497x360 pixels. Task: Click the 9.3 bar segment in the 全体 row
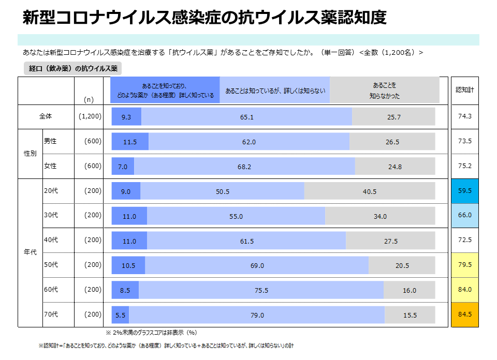click(x=126, y=117)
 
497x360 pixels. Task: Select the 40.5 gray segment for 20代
click(x=369, y=191)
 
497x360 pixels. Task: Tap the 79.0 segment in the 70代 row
click(x=257, y=315)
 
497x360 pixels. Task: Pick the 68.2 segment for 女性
click(x=244, y=167)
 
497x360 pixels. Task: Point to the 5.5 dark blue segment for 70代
click(x=121, y=315)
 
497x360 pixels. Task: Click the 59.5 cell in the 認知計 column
click(x=464, y=191)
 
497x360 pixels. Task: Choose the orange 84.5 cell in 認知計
click(x=464, y=314)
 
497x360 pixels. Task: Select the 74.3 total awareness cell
click(x=464, y=116)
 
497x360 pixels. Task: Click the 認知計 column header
click(x=464, y=89)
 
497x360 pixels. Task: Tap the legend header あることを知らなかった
click(x=384, y=91)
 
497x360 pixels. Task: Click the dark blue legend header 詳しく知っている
click(x=165, y=91)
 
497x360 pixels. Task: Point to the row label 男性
click(x=50, y=141)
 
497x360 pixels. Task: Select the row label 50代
click(x=51, y=265)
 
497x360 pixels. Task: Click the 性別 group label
click(x=30, y=154)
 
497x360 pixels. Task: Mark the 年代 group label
click(x=30, y=252)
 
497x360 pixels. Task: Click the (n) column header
click(x=89, y=99)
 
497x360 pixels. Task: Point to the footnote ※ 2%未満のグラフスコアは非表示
click(x=151, y=333)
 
